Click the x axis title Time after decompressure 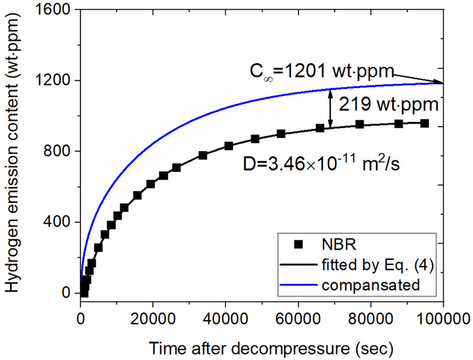271,348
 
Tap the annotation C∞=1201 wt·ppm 322,72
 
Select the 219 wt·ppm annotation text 388,105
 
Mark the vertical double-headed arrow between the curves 330,108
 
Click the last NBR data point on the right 424,123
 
